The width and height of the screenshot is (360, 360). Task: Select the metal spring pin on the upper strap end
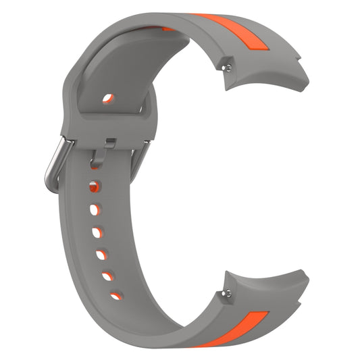[232, 66]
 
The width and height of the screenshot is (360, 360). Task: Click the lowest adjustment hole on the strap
[115, 295]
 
